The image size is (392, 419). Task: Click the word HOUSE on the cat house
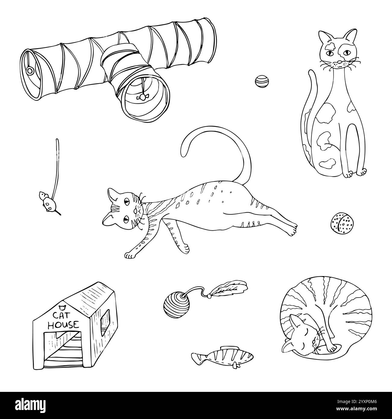[x=64, y=325]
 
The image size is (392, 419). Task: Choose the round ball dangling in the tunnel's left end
[x=30, y=71]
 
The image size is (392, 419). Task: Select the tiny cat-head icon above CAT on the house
[x=62, y=308]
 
